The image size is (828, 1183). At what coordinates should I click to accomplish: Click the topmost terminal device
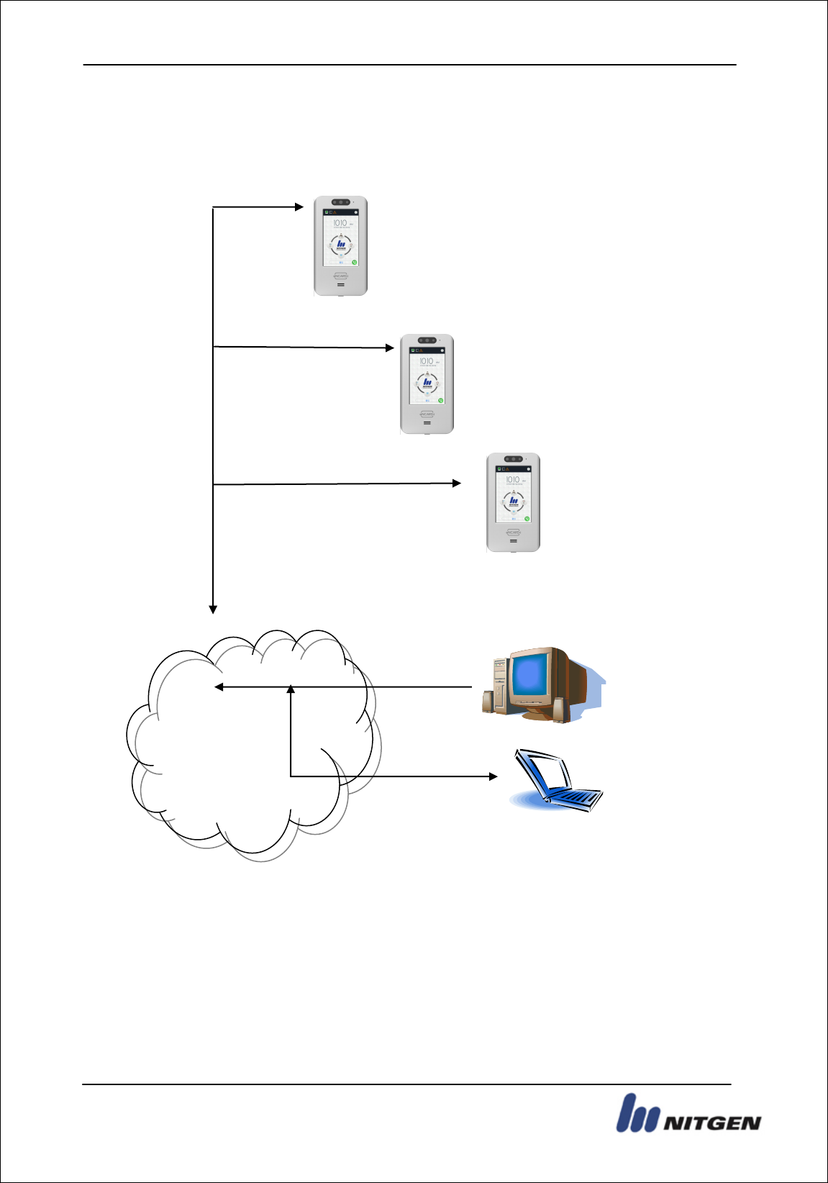pyautogui.click(x=340, y=245)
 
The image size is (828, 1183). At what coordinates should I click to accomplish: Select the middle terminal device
pyautogui.click(x=427, y=384)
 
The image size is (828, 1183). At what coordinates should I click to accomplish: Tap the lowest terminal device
pyautogui.click(x=513, y=502)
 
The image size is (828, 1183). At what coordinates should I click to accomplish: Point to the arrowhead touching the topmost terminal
pyautogui.click(x=299, y=207)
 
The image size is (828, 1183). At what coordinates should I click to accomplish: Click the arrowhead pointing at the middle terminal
pyautogui.click(x=390, y=348)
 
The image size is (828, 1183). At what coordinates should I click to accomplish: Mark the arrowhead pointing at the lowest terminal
pyautogui.click(x=457, y=483)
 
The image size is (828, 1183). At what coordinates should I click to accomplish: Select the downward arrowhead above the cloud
pyautogui.click(x=213, y=609)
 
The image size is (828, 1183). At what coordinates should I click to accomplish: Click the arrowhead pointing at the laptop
pyautogui.click(x=493, y=776)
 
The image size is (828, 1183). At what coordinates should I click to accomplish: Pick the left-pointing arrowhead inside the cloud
pyautogui.click(x=219, y=687)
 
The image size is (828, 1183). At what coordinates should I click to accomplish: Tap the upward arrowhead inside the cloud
pyautogui.click(x=291, y=689)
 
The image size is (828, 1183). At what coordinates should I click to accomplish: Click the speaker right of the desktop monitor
pyautogui.click(x=558, y=710)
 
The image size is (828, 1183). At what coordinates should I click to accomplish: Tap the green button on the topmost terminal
pyautogui.click(x=354, y=263)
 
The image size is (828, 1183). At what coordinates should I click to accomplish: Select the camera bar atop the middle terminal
pyautogui.click(x=427, y=340)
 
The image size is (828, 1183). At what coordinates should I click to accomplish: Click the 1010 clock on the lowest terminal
pyautogui.click(x=512, y=479)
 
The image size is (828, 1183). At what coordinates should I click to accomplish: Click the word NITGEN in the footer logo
pyautogui.click(x=711, y=1123)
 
